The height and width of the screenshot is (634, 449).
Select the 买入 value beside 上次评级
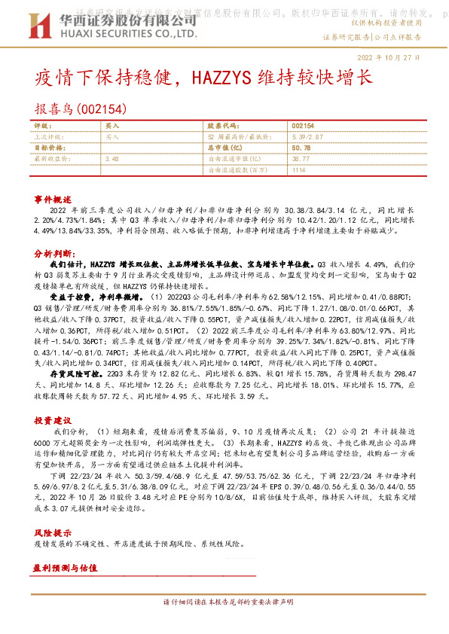pyautogui.click(x=112, y=138)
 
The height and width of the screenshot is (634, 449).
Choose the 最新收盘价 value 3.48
pyautogui.click(x=112, y=159)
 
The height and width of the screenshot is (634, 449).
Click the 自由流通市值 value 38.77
pyautogui.click(x=300, y=159)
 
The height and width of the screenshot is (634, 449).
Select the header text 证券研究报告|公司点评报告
pyautogui.click(x=371, y=36)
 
